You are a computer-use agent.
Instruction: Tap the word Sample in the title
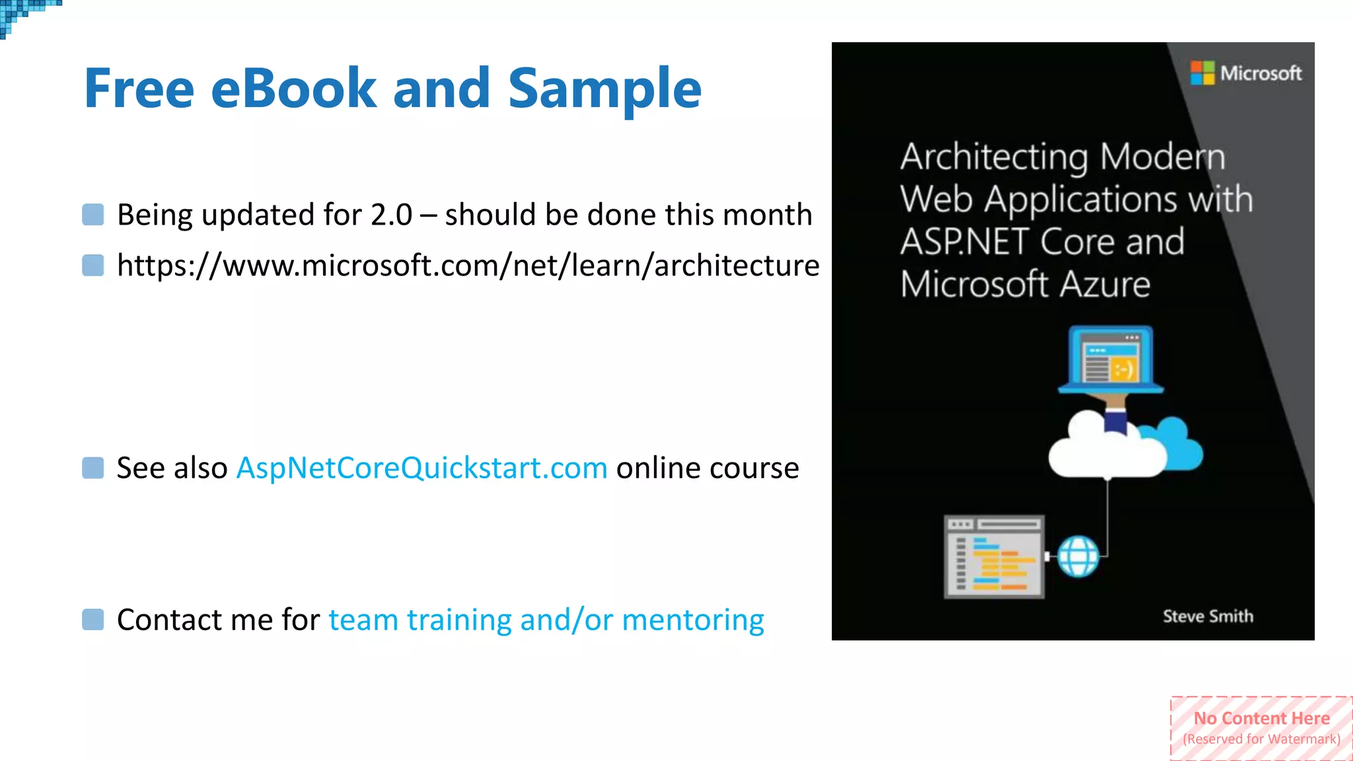pos(604,89)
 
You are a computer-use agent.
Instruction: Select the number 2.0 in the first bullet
pos(391,215)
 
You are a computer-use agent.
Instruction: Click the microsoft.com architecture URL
pos(468,266)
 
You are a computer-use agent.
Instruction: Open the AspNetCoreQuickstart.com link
pos(421,468)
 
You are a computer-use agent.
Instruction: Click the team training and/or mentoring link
pos(546,620)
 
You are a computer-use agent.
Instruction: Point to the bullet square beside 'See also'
pos(93,468)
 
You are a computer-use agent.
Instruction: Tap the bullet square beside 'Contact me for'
pos(93,620)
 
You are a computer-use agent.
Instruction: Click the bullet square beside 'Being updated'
pos(93,215)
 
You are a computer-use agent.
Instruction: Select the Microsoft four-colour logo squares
pos(1202,73)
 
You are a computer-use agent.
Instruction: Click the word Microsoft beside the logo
pos(1261,73)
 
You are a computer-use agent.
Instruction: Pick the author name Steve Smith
pos(1208,616)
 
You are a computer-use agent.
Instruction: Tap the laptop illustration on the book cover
pos(1111,360)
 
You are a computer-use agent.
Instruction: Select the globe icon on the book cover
pos(1078,556)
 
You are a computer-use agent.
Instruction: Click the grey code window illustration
pos(994,556)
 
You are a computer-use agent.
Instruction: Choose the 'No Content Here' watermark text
pos(1261,718)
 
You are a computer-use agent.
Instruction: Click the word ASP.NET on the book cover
pos(965,242)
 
